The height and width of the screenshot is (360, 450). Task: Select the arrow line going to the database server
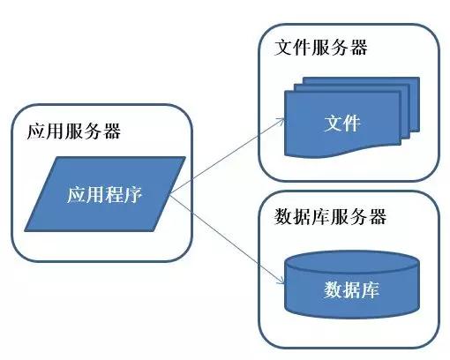[225, 238]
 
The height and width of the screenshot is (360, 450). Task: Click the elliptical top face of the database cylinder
[352, 262]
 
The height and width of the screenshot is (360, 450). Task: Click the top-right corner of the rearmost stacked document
[416, 81]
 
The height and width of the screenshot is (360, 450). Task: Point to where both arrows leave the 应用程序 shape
[169, 196]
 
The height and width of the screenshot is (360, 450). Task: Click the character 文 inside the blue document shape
[333, 123]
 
